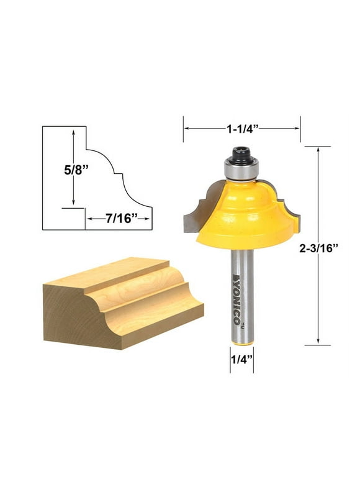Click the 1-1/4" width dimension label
[x=241, y=129]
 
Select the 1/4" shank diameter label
[x=242, y=358]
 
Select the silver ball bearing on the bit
[x=240, y=168]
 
